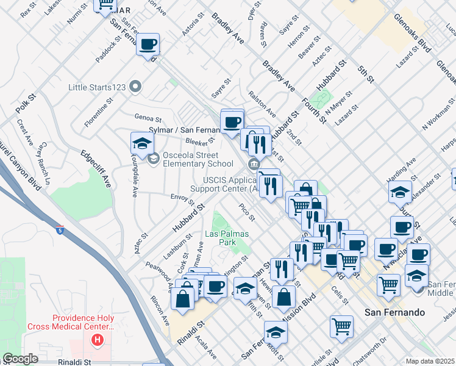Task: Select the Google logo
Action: point(20,359)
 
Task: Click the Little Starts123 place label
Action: point(97,87)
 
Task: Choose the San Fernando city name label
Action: point(394,312)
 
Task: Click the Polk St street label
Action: point(23,104)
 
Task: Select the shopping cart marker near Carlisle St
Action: point(341,326)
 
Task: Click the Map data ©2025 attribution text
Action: point(430,361)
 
